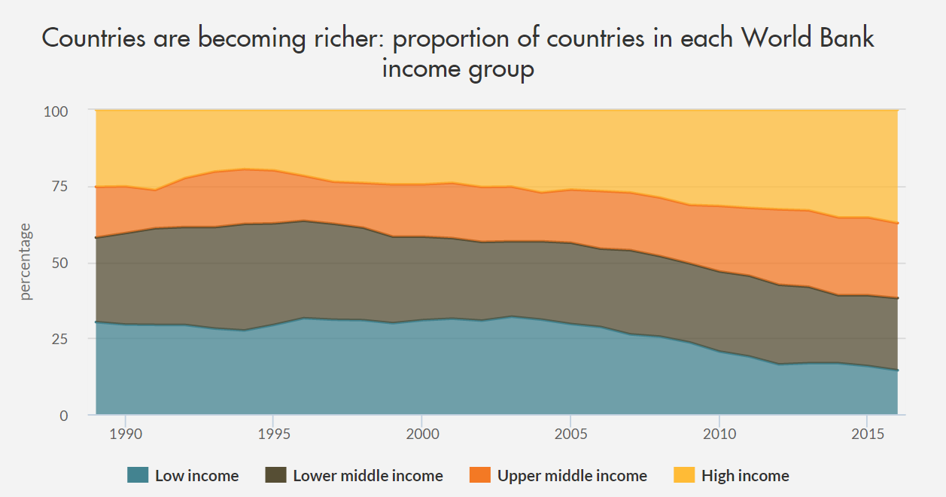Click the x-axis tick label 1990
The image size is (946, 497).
coord(125,436)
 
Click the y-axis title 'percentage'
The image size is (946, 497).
coord(26,261)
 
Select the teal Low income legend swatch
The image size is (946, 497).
coord(138,475)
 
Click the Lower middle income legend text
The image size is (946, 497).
coord(368,476)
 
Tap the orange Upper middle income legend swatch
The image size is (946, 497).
coord(480,475)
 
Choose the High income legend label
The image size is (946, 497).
coord(745,476)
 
